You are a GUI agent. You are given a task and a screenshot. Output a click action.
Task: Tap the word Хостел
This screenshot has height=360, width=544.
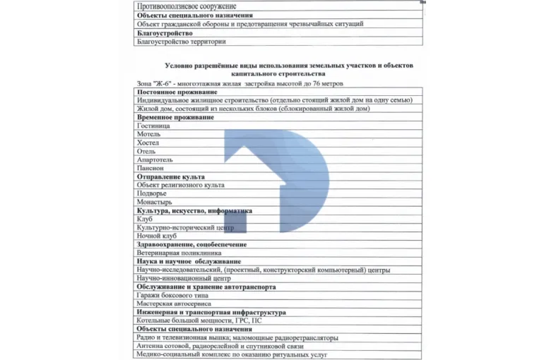(148, 143)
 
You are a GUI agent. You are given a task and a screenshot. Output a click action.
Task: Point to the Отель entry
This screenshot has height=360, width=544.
(147, 151)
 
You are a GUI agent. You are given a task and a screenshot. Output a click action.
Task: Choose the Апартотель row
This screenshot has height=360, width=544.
(155, 160)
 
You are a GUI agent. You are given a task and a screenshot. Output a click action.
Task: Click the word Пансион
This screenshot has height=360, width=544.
(150, 168)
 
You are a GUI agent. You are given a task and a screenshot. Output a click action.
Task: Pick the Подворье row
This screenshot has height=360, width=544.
(152, 193)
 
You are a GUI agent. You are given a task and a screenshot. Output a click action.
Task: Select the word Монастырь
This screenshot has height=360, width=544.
(154, 202)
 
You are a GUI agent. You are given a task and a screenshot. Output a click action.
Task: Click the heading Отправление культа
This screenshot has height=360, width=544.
(170, 176)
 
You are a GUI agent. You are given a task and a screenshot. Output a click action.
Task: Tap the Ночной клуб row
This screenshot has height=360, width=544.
(156, 236)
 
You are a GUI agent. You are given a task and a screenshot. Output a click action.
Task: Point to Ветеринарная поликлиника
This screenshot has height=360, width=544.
(179, 253)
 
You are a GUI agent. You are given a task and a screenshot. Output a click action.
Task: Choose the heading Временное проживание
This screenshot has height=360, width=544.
(175, 117)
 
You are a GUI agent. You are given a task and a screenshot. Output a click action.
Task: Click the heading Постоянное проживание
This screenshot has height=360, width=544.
(177, 92)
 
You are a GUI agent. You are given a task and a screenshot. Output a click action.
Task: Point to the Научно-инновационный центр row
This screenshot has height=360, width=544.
(183, 278)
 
